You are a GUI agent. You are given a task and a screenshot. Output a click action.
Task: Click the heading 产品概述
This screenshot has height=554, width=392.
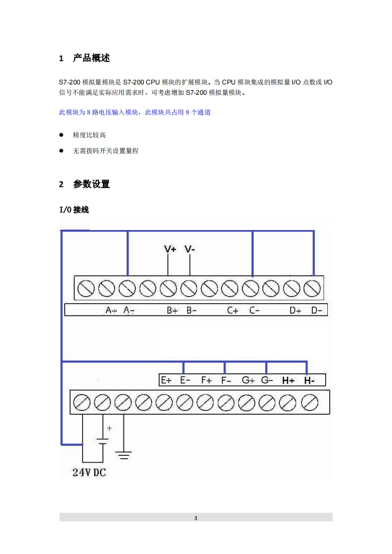(x=91, y=58)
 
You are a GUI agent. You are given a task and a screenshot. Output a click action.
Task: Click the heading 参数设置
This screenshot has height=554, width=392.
(x=91, y=184)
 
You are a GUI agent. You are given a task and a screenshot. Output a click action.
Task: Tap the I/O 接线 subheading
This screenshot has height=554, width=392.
(x=74, y=210)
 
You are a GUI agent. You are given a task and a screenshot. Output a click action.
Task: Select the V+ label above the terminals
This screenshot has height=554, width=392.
(x=170, y=249)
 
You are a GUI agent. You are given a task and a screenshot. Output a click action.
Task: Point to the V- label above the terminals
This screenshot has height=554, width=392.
(x=190, y=249)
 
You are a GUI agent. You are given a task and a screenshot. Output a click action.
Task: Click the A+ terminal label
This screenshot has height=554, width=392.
(x=111, y=310)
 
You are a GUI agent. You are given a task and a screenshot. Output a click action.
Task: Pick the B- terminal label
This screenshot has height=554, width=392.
(x=192, y=310)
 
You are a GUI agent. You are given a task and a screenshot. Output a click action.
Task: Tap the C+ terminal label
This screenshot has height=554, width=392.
(x=233, y=310)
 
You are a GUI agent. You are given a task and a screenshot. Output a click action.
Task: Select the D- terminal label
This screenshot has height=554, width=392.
(x=316, y=310)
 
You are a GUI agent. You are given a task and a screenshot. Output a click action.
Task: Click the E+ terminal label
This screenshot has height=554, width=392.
(x=166, y=380)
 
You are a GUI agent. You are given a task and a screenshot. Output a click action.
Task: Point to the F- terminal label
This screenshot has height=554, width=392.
(x=226, y=380)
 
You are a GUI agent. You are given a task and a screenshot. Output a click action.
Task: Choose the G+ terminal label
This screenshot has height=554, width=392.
(x=248, y=380)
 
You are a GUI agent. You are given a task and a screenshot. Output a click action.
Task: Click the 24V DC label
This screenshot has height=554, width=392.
(x=89, y=473)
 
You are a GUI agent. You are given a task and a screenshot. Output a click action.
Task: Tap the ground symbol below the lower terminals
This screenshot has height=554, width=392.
(x=123, y=455)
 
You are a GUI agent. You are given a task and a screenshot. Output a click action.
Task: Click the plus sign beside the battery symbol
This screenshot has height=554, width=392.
(x=109, y=428)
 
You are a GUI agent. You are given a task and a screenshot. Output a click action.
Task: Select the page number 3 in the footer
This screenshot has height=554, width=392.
(x=196, y=518)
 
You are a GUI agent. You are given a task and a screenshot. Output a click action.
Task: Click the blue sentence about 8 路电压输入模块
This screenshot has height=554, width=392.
(x=135, y=113)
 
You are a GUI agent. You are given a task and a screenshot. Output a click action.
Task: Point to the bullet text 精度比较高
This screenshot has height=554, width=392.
(x=89, y=135)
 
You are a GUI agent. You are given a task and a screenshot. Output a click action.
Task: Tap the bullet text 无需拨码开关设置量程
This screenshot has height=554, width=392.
(x=105, y=151)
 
